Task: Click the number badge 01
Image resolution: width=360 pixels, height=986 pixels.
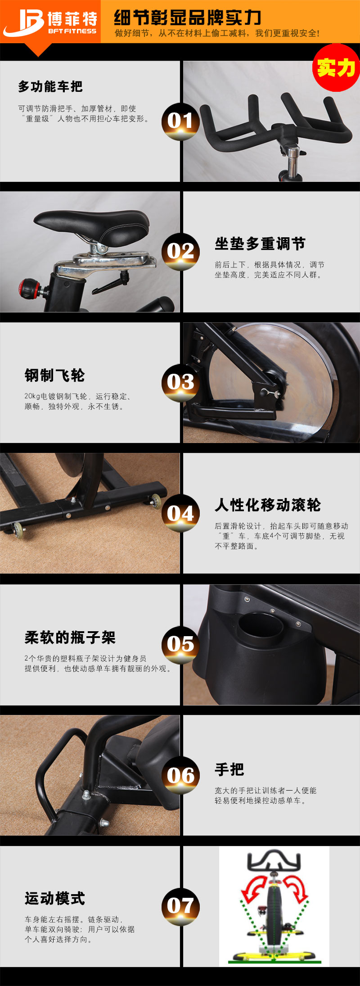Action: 180,121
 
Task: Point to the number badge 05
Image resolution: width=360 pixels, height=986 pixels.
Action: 180,644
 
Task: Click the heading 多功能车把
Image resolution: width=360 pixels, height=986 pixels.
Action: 50,86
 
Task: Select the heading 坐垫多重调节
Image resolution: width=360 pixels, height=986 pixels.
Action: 260,244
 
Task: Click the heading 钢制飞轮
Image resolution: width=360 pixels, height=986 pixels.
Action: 54,375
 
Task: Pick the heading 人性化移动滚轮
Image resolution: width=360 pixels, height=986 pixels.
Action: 268,505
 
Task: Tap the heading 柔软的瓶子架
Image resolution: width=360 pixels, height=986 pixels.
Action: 70,638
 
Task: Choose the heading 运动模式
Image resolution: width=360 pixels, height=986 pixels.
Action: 54,899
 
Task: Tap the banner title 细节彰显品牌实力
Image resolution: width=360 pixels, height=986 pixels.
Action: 187,17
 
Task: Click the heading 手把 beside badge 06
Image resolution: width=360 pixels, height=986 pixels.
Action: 229,769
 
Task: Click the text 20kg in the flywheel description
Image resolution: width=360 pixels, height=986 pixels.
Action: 32,396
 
